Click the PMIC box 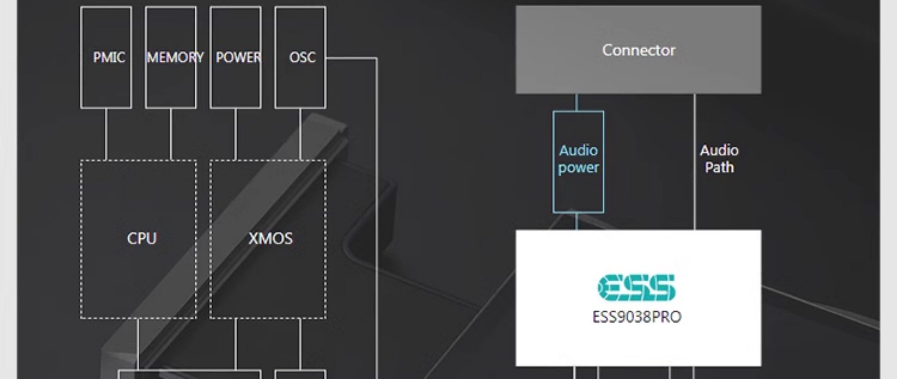[106, 57]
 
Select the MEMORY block [171, 57]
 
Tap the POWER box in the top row [235, 57]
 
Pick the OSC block [300, 57]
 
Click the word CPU [142, 238]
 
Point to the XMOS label [271, 238]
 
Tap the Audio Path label [719, 159]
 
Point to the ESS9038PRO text [637, 317]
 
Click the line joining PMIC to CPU [106, 134]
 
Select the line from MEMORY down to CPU [171, 134]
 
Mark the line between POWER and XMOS [235, 134]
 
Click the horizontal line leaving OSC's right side [351, 58]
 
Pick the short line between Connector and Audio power [577, 102]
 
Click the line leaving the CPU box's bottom [138, 344]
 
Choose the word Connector [638, 50]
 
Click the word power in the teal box [578, 168]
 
